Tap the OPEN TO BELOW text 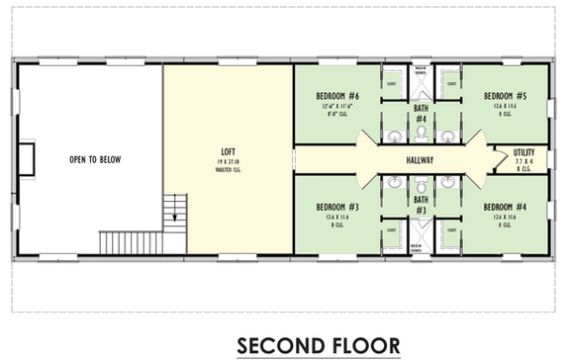(96, 159)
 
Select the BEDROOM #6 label (336, 96)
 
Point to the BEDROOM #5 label (505, 96)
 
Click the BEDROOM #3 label (336, 207)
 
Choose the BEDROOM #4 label (505, 207)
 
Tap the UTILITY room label (523, 152)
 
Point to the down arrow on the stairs (176, 211)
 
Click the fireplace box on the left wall (27, 158)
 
